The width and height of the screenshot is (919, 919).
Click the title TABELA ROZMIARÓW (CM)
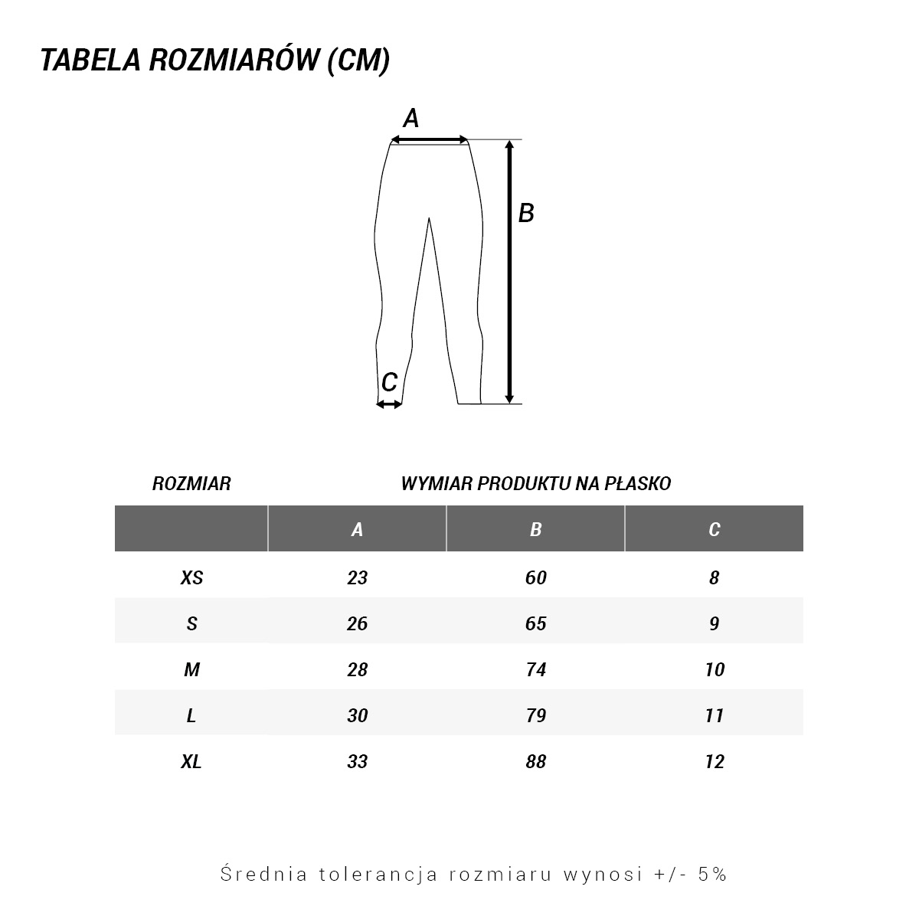215,61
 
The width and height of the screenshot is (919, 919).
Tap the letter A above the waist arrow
411,119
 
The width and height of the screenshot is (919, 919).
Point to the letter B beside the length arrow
526,213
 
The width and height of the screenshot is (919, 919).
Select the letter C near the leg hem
389,381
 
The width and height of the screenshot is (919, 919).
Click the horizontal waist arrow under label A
429,139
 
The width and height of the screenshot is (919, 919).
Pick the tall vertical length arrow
509,271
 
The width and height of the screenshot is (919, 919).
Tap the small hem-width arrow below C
389,404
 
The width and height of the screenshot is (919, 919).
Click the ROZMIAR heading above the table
191,484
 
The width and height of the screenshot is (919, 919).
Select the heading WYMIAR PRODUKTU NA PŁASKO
536,484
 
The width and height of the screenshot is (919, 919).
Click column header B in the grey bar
536,529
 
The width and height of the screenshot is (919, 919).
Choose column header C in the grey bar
715,529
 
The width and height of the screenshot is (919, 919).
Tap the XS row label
191,578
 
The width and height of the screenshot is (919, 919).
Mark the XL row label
191,762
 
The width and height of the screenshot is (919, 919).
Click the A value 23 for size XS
358,578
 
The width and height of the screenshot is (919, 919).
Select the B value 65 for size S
536,624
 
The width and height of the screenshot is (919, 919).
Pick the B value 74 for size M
536,670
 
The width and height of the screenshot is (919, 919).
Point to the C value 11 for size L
715,716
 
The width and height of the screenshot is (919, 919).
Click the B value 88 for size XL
536,762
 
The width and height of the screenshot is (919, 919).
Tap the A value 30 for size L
358,716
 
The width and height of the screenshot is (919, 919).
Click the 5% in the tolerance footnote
712,874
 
